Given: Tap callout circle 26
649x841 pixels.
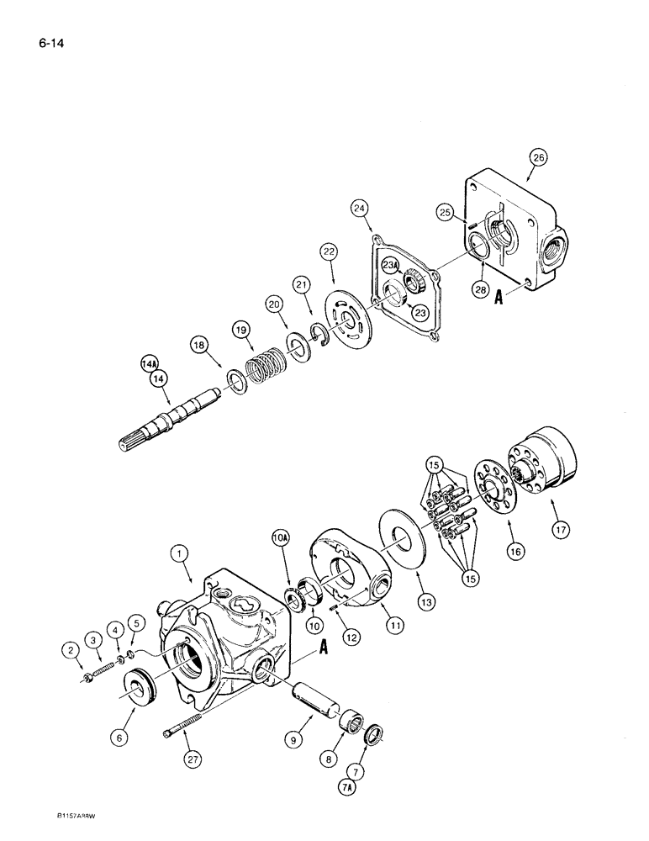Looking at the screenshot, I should coord(538,156).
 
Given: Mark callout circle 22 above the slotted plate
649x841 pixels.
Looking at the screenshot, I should coord(327,252).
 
